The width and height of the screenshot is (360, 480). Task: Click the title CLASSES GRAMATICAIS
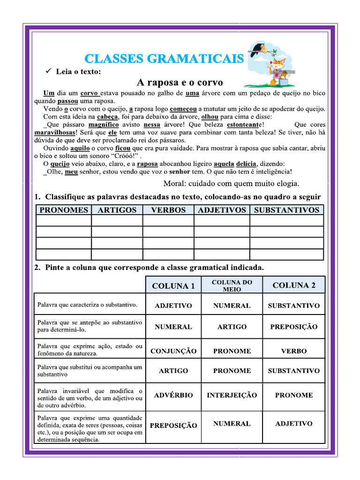pos(164,59)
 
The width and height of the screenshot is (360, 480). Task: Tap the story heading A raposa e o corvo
pos(180,82)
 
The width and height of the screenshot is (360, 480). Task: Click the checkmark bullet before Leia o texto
pos(47,71)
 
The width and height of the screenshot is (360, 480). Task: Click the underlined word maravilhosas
pos(55,133)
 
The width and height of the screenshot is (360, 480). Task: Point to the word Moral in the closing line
pos(174,183)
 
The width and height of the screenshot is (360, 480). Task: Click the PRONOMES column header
pos(63,210)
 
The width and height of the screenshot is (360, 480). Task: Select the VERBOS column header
pos(168,210)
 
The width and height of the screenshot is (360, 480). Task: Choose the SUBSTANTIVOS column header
pos(286,210)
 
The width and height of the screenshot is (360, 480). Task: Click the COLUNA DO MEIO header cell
pos(232,285)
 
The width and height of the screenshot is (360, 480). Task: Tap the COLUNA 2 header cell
pos(294,285)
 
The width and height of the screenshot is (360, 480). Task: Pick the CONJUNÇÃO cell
pos(173,351)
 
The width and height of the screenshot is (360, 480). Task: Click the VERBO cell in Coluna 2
pos(294,351)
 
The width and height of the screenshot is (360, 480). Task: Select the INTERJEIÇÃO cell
pos(232,395)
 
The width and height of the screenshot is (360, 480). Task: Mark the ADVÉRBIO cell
pos(173,395)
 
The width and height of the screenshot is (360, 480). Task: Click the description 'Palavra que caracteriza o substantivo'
pos(87,305)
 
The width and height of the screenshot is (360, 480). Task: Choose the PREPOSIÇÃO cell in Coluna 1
pos(173,426)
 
